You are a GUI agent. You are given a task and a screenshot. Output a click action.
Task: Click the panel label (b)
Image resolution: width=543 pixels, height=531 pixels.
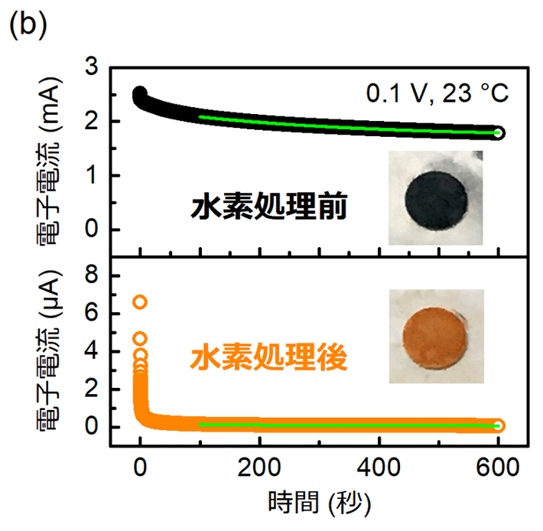(x=28, y=23)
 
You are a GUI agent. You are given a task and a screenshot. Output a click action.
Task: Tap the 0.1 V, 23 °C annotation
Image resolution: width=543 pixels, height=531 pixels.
(x=437, y=94)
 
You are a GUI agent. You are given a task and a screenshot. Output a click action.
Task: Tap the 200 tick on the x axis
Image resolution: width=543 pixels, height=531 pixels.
(x=260, y=466)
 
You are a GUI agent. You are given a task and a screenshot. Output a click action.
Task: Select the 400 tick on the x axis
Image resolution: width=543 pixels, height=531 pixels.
(x=379, y=466)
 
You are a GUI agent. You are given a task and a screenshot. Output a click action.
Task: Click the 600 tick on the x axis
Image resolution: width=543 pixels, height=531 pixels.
(x=499, y=466)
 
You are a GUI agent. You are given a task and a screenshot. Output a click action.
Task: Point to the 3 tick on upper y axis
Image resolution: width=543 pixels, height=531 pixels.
(x=91, y=67)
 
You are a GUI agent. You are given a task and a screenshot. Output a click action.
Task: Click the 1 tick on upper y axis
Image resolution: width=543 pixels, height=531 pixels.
(x=91, y=176)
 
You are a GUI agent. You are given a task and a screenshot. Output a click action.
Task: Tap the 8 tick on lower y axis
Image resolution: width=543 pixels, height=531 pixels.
(x=91, y=275)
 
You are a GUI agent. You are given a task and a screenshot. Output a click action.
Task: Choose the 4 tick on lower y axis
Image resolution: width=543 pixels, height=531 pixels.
(x=91, y=351)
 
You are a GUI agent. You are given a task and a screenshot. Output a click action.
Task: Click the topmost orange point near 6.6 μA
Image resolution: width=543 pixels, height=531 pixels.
(x=140, y=302)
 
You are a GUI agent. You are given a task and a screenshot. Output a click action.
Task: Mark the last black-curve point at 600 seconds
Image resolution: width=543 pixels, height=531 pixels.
(x=499, y=133)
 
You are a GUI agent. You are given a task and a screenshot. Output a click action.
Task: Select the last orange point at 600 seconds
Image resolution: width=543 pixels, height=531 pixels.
(x=499, y=425)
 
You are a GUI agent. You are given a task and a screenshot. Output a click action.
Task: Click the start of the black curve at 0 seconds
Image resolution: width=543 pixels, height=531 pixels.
(x=140, y=94)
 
